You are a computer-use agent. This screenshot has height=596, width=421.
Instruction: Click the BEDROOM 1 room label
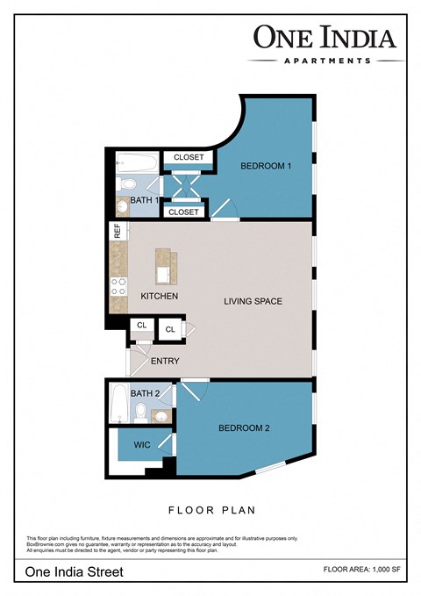266,166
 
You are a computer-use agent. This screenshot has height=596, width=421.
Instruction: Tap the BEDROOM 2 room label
244,427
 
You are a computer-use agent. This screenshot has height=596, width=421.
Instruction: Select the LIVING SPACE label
253,301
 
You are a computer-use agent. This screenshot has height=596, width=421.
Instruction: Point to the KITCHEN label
160,296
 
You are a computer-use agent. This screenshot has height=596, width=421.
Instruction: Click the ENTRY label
165,361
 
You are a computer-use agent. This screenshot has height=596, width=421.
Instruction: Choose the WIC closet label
141,445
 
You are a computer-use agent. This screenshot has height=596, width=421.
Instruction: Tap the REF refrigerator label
116,232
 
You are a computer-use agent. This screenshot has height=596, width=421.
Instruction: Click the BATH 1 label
145,200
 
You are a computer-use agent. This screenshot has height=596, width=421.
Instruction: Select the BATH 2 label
146,393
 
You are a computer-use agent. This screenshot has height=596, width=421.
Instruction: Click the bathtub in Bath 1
137,162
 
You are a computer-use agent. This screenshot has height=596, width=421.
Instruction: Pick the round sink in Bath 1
122,208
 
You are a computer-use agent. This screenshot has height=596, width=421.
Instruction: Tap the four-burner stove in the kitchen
117,288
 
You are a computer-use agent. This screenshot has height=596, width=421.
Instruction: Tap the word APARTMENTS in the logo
326,61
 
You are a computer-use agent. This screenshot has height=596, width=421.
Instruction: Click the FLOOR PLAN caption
210,509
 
